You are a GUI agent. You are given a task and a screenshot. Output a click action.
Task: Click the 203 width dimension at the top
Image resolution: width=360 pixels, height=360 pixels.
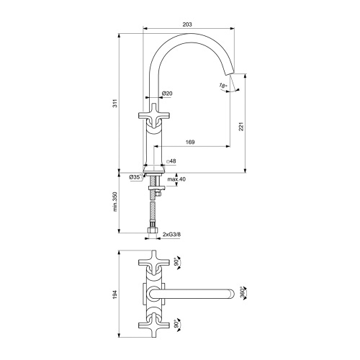[x=187, y=25]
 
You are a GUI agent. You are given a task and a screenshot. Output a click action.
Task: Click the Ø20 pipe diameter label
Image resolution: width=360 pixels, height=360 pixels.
[x=166, y=94]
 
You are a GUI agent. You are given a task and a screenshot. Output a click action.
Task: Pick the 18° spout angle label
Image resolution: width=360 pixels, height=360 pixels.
[x=223, y=86]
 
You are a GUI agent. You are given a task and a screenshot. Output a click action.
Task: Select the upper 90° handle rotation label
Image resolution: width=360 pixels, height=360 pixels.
[x=177, y=263]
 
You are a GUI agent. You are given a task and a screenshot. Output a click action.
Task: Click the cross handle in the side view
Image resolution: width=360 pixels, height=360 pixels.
[x=152, y=119]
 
